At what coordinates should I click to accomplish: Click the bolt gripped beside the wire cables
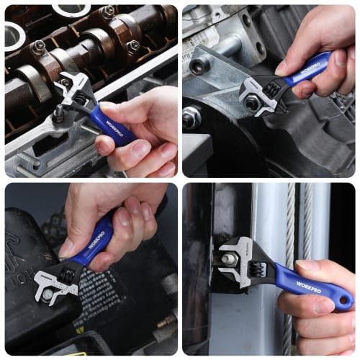tap(230, 258)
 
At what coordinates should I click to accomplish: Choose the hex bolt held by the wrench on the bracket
tap(252, 103)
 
